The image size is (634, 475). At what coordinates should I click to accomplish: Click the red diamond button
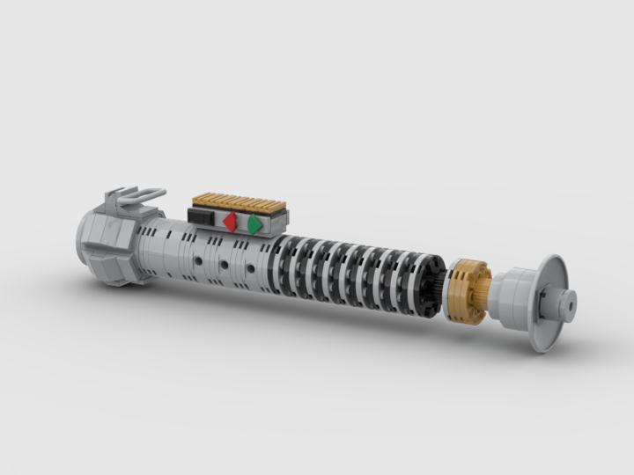(231, 223)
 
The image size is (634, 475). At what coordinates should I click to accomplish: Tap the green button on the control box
(254, 225)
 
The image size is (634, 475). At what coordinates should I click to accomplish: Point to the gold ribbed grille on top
(240, 201)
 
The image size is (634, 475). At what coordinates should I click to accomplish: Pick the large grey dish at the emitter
(547, 304)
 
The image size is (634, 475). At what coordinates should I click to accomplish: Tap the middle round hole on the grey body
(224, 265)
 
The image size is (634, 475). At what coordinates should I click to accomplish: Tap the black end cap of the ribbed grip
(431, 286)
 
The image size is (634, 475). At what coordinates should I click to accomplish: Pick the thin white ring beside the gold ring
(452, 289)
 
